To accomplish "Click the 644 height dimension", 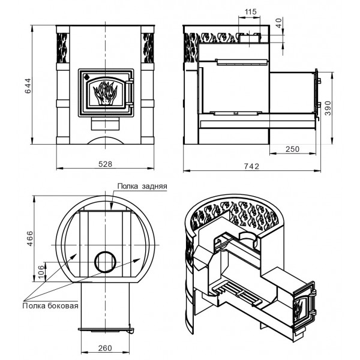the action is click(28, 86).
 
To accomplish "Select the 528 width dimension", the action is click(106, 164).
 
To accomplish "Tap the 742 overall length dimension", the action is click(251, 166).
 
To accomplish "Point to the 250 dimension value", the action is click(293, 149).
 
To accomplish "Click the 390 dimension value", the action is click(329, 108).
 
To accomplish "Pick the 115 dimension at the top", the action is click(250, 12).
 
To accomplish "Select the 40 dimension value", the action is click(279, 23).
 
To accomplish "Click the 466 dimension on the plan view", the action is click(30, 239).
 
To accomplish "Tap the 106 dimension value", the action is click(41, 272).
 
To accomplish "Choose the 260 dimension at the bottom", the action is click(105, 348).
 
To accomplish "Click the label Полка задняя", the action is click(142, 186).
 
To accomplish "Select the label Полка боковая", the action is click(50, 306).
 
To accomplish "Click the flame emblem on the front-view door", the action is click(105, 93).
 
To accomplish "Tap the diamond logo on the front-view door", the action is click(86, 77).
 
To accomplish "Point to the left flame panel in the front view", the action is click(62, 48).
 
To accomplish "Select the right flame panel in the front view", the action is click(148, 48).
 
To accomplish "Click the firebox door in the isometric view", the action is click(304, 305).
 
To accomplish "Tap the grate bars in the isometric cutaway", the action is click(236, 293).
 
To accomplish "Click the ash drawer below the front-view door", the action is click(106, 124).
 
